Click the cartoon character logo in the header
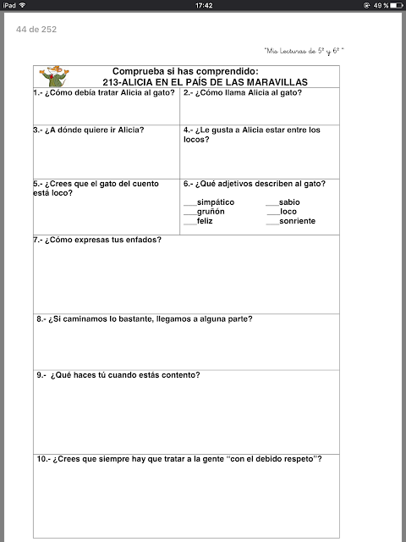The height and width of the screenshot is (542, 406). click(55, 75)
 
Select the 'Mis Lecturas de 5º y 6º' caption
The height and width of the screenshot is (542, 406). click(304, 52)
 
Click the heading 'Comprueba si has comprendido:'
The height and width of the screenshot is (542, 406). click(184, 71)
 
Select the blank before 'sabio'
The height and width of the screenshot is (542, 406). click(272, 203)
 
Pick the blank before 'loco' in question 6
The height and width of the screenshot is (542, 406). click(272, 212)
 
